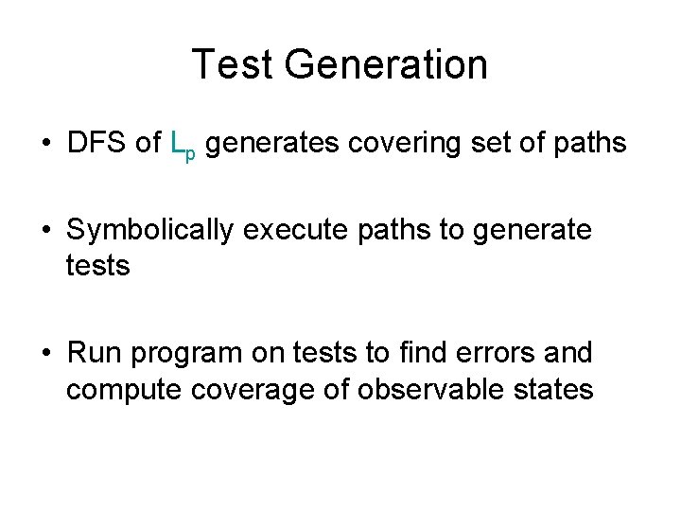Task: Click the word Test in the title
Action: point(232,64)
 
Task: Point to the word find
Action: point(423,353)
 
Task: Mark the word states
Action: point(552,389)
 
